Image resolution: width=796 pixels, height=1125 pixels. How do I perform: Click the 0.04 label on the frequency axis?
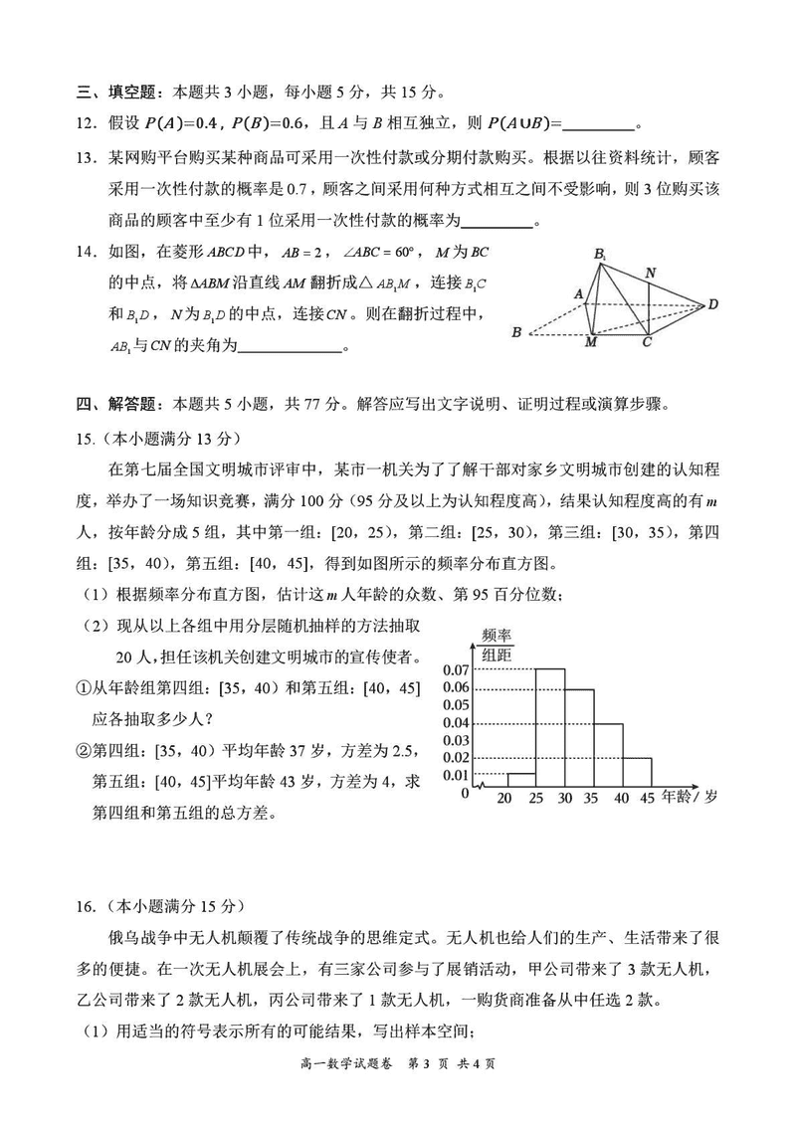456,722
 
